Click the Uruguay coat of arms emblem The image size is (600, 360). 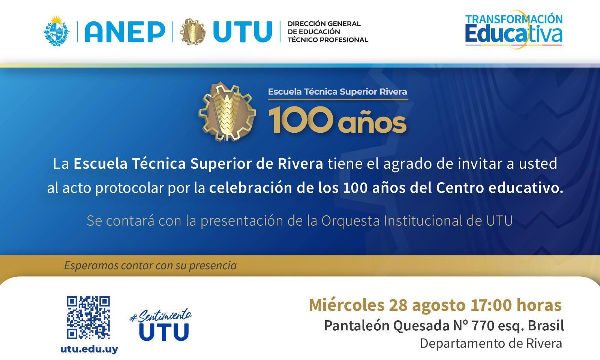pyautogui.click(x=57, y=31)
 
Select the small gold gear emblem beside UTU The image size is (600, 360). pyautogui.click(x=192, y=31)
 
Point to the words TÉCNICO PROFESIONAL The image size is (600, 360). pyautogui.click(x=328, y=40)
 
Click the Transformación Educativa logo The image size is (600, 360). pyautogui.click(x=514, y=30)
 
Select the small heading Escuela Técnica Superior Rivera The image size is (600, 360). pyautogui.click(x=337, y=92)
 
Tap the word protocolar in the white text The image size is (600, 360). pyautogui.click(x=129, y=188)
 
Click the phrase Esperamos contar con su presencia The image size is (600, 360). pyautogui.click(x=150, y=266)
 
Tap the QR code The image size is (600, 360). pyautogui.click(x=88, y=318)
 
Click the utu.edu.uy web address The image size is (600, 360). pyautogui.click(x=89, y=349)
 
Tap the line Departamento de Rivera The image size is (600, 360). pyautogui.click(x=491, y=343)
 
